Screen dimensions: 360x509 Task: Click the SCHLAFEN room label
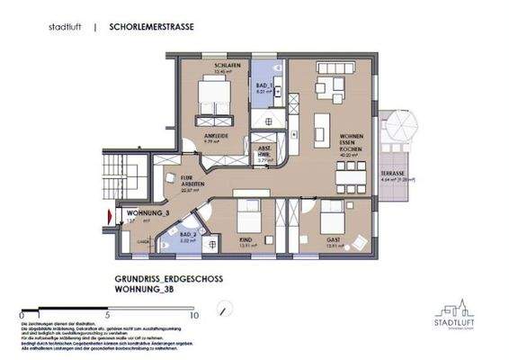[212, 67]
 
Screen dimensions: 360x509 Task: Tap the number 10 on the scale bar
[192, 316]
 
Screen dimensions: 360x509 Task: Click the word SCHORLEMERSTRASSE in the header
[150, 27]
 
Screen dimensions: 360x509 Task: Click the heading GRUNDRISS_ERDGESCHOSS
[168, 280]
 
